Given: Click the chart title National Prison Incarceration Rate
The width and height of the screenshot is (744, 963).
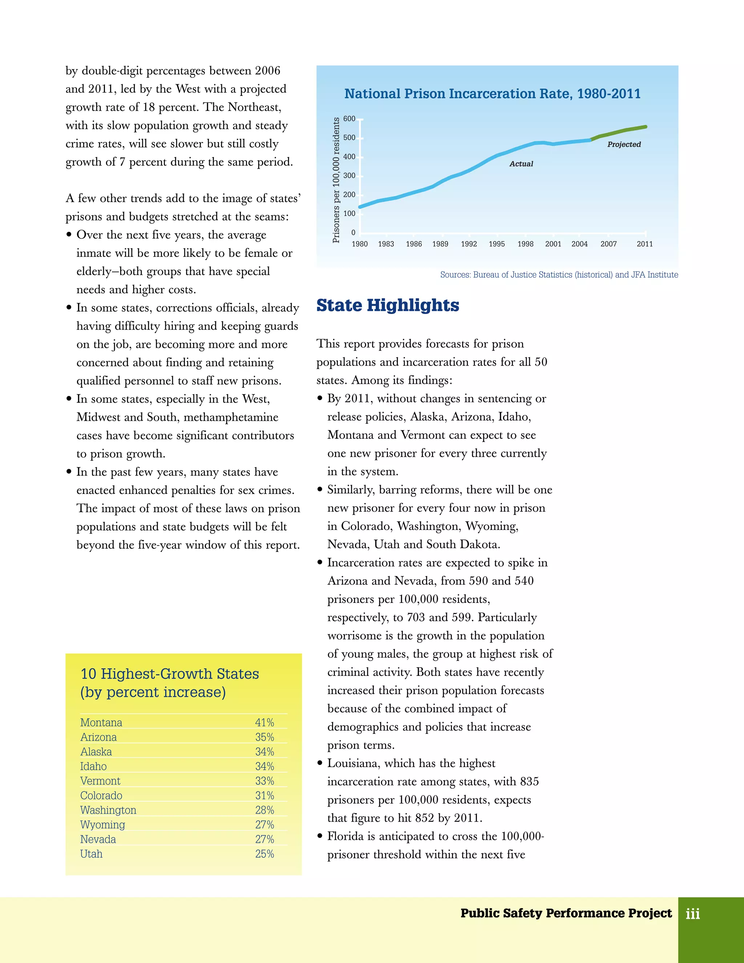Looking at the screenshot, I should point(492,93).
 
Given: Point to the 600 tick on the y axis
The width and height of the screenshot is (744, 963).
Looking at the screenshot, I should point(349,118).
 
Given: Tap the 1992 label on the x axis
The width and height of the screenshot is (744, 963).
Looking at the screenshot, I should point(469,244).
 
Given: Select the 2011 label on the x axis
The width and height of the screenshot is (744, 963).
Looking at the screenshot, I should point(644,244).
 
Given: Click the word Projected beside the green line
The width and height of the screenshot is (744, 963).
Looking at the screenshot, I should point(624,144).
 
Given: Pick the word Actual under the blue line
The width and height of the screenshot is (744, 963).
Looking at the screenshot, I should point(521,164).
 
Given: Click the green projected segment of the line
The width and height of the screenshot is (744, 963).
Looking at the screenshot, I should point(619,132).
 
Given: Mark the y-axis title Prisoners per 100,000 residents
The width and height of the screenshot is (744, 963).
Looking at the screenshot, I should point(336,180).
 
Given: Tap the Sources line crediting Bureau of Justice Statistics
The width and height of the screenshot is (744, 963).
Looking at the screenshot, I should point(558,275).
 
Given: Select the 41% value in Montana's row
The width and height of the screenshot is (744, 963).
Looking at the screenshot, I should point(264,722).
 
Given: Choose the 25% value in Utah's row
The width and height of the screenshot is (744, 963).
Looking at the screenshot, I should point(264,854).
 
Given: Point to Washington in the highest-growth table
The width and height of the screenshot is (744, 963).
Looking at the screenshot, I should point(108,810).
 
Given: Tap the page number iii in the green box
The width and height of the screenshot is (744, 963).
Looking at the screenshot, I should point(692,913).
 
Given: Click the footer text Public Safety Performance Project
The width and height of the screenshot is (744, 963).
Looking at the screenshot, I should point(566,913).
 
